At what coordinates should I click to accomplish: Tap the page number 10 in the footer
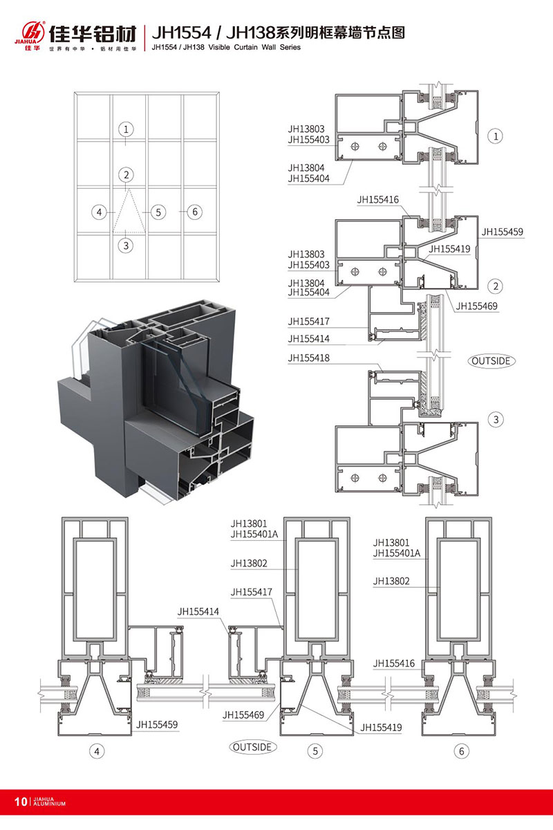tap(19, 802)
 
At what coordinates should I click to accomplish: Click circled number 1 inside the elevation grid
tap(125, 129)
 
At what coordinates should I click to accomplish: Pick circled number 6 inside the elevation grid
tap(194, 212)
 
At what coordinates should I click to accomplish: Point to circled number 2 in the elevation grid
tap(125, 175)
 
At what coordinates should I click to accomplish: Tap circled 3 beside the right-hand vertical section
tap(496, 419)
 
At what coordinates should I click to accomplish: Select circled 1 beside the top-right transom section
tap(496, 136)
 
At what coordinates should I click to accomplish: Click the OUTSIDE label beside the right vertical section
tap(493, 360)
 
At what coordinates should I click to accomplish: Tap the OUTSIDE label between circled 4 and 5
tap(253, 747)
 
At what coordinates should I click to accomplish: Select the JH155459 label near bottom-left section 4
tap(157, 725)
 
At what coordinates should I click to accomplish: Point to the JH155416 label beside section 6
tap(394, 663)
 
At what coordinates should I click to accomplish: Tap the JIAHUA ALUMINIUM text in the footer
tap(48, 802)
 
